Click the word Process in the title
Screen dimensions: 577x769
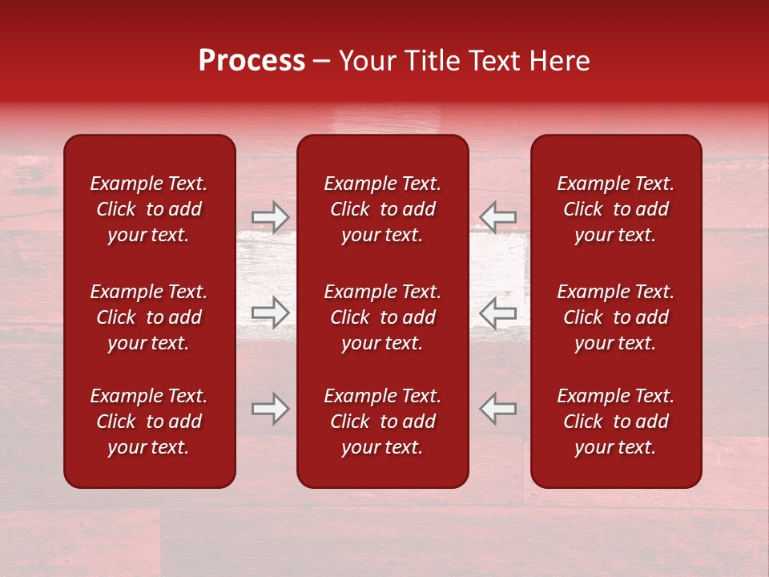point(252,61)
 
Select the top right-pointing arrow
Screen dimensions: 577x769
point(271,216)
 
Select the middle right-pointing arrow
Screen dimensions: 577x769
point(271,313)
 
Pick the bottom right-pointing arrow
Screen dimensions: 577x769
point(271,409)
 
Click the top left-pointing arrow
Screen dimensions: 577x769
point(497,216)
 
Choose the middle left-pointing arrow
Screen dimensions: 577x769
point(497,313)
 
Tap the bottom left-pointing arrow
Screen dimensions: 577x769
point(497,409)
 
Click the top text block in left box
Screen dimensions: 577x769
point(149,209)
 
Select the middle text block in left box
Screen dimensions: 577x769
point(149,317)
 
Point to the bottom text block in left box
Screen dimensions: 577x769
point(149,422)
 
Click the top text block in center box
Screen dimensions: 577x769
point(383,209)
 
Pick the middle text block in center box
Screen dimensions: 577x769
point(383,317)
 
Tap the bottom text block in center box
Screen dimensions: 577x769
point(383,422)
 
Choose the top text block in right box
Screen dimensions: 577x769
point(616,209)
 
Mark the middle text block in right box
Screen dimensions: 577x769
point(616,317)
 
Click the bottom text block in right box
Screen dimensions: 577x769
point(616,422)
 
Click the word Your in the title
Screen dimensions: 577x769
point(365,61)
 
